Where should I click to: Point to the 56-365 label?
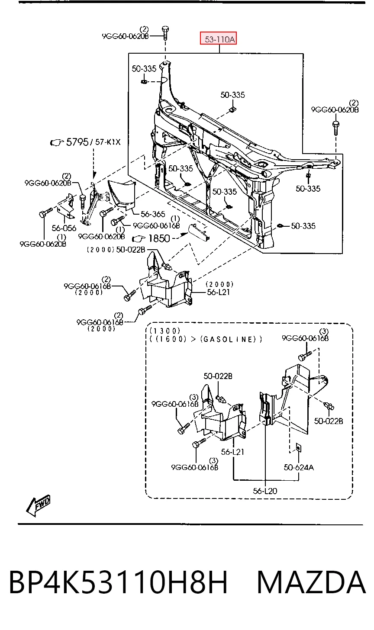pos(153,214)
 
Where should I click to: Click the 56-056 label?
pos(64,228)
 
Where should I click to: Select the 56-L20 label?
pos(265,491)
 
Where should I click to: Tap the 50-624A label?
pos(299,467)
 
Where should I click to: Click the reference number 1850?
pos(159,238)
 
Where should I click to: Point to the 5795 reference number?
pos(77,142)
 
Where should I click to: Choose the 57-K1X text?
pos(108,142)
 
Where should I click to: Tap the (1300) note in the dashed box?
pos(164,331)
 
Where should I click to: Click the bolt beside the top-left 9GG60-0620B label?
pos(165,33)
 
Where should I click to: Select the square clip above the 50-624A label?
pos(297,447)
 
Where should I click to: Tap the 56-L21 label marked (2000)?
pos(218,292)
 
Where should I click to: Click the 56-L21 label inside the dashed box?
pos(232,452)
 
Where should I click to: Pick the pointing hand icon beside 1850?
pos(139,239)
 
